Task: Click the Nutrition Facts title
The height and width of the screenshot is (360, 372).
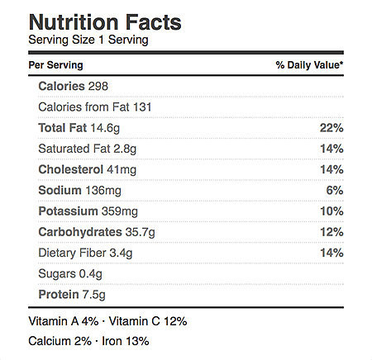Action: coord(105,22)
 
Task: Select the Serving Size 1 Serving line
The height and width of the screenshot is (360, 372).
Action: coord(88,40)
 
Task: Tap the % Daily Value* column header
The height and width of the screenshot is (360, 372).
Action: coord(309,65)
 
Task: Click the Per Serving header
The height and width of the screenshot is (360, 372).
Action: coord(55,65)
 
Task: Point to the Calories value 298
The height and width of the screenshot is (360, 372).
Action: coord(98,86)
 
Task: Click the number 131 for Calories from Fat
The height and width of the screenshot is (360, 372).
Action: coord(142,107)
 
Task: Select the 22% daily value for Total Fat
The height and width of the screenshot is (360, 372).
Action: coord(331,128)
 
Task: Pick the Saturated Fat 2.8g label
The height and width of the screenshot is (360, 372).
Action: coord(88,149)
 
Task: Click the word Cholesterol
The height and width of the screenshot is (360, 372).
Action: coord(71,169)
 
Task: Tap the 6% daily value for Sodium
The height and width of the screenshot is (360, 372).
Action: coord(335,191)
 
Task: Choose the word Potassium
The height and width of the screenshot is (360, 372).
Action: coord(68,211)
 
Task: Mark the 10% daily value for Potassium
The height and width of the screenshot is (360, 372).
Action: coord(331,211)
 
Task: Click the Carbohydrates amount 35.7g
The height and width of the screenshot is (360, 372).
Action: coord(141,232)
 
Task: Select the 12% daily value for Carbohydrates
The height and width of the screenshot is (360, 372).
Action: coord(331,232)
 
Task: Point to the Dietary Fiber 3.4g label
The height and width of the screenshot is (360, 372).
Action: coord(85,253)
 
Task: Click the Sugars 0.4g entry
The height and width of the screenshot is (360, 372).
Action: coord(70,274)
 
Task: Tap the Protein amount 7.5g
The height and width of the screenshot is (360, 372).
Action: coord(94,295)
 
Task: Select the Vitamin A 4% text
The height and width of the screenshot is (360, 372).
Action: coord(64,321)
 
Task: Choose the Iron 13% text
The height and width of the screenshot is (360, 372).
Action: coord(126,341)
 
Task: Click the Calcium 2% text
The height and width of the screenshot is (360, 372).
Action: coord(60,341)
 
